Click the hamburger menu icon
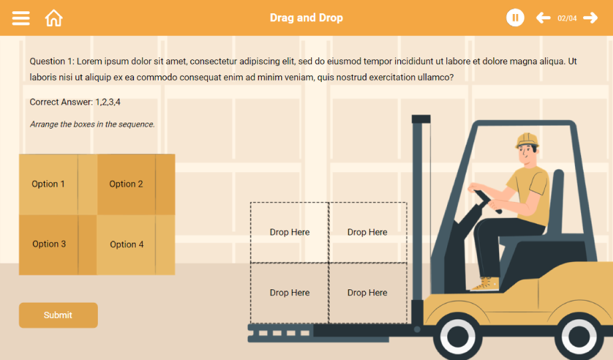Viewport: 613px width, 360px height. click(x=21, y=18)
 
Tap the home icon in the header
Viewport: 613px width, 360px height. click(x=53, y=18)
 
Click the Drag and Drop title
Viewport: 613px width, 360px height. click(x=306, y=17)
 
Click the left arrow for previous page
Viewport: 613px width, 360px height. click(x=543, y=17)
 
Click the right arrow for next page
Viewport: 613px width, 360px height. click(x=590, y=17)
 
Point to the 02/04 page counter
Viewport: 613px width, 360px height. click(x=567, y=19)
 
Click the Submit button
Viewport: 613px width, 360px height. click(x=58, y=315)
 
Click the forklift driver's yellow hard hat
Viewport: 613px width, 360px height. click(x=527, y=140)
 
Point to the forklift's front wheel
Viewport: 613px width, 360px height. click(x=458, y=337)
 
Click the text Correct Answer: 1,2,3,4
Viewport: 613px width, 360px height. click(x=75, y=102)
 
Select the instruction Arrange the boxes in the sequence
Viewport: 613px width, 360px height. click(x=92, y=125)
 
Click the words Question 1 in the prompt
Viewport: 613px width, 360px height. click(x=51, y=61)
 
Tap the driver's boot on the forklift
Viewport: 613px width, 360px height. click(x=485, y=284)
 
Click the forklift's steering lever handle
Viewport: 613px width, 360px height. click(x=488, y=201)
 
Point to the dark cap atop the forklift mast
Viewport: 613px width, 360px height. click(x=421, y=119)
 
